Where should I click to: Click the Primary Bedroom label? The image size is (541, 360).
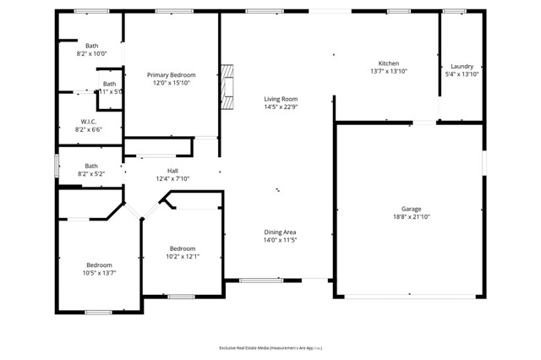click(x=172, y=74)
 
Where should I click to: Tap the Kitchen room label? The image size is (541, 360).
click(x=388, y=63)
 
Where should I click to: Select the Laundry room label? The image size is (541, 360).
click(x=462, y=66)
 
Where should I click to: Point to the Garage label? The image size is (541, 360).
click(x=411, y=209)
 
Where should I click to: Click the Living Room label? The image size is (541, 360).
click(x=281, y=99)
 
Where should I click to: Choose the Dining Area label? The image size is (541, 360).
click(x=281, y=232)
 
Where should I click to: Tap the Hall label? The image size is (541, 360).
click(x=172, y=171)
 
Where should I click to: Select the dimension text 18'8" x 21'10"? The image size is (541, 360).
click(x=411, y=217)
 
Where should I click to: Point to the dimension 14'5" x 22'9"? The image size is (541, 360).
click(x=281, y=107)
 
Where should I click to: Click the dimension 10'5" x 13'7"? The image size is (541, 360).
click(x=99, y=273)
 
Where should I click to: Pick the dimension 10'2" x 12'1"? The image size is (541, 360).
click(x=183, y=257)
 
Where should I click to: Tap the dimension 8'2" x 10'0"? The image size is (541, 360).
click(x=92, y=53)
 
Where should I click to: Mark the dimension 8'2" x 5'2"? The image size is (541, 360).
click(x=91, y=174)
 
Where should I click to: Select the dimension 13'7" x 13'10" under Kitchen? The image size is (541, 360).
click(x=388, y=72)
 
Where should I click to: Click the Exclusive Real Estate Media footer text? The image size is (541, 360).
click(x=270, y=347)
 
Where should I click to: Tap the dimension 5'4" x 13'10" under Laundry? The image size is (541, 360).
click(x=462, y=74)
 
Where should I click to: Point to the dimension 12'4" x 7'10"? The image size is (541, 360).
click(x=172, y=179)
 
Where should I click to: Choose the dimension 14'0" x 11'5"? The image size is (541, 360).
click(x=281, y=240)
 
